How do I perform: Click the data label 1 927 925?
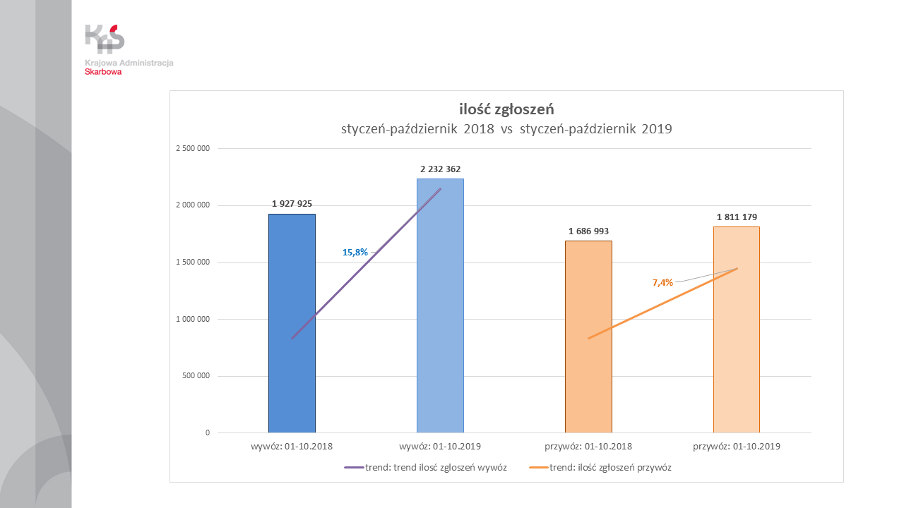[x=292, y=204]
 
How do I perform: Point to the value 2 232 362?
[x=440, y=169]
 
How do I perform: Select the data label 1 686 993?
[x=588, y=231]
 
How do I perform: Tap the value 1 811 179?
[x=737, y=217]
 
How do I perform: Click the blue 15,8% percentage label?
[x=355, y=252]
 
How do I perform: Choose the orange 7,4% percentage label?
[x=662, y=283]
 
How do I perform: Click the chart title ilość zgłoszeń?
[x=506, y=109]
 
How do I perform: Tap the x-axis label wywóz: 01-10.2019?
[x=440, y=447]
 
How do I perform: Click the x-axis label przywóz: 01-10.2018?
[x=588, y=447]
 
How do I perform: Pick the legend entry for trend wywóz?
[x=425, y=467]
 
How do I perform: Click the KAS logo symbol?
[x=105, y=39]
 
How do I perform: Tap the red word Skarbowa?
[x=103, y=71]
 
